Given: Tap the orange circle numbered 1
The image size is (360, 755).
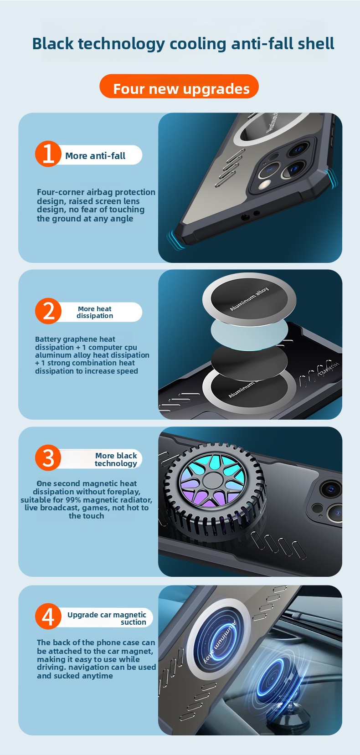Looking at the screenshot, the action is (x=48, y=154).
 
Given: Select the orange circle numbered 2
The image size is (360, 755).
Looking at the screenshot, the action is (x=48, y=311).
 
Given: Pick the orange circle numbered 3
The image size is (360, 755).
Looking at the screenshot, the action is (x=48, y=458).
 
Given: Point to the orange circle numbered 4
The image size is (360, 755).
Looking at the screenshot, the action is (x=48, y=616).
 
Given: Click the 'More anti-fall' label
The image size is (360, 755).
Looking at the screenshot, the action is (x=95, y=156).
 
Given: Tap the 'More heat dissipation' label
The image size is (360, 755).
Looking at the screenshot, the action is (x=95, y=312).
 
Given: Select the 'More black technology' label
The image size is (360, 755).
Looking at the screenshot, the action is (x=116, y=459).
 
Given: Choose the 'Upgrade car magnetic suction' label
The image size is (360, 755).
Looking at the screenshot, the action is (x=107, y=618).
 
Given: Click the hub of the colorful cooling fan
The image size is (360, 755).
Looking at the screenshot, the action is (x=213, y=480).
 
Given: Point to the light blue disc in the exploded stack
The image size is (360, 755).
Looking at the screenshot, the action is (x=249, y=331).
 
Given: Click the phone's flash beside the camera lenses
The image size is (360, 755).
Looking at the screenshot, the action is (x=265, y=185).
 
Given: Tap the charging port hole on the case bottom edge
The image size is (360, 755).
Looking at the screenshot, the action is (x=243, y=217).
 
